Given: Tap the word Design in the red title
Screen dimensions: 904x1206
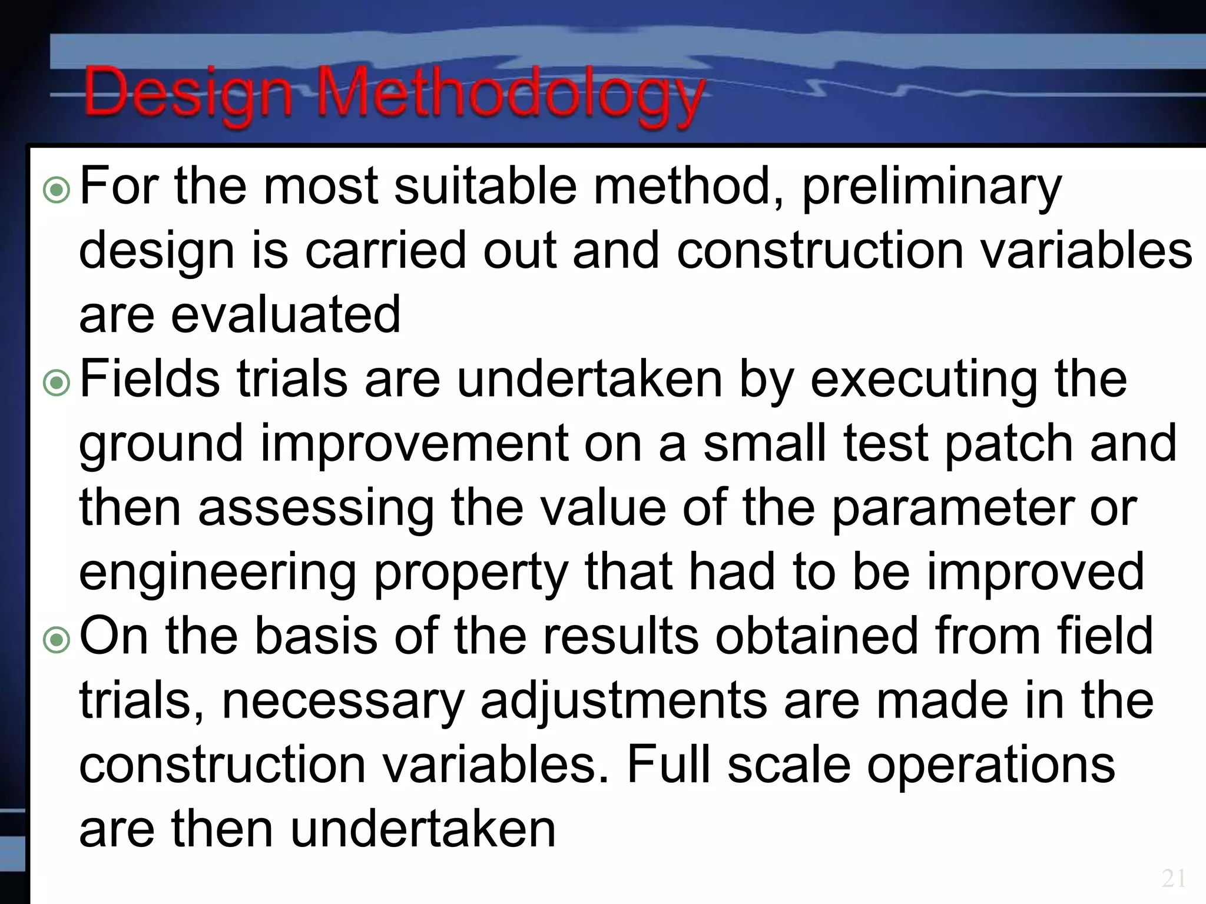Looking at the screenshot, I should pos(188,94).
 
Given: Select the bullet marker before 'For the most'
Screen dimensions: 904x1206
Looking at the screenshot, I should pos(57,191).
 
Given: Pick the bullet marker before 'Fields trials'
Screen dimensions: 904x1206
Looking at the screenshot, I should pos(57,384).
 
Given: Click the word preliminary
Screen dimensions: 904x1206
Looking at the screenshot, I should pos(932,187).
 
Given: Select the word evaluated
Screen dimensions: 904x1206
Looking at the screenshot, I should pos(286,315).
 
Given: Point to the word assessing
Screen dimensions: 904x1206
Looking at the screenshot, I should pos(316,509).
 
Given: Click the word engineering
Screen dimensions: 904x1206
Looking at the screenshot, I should pos(217,573).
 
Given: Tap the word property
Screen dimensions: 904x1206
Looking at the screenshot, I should pos(471,573).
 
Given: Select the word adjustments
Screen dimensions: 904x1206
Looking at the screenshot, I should pos(624,702).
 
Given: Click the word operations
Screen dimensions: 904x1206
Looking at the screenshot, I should pos(990,766).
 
